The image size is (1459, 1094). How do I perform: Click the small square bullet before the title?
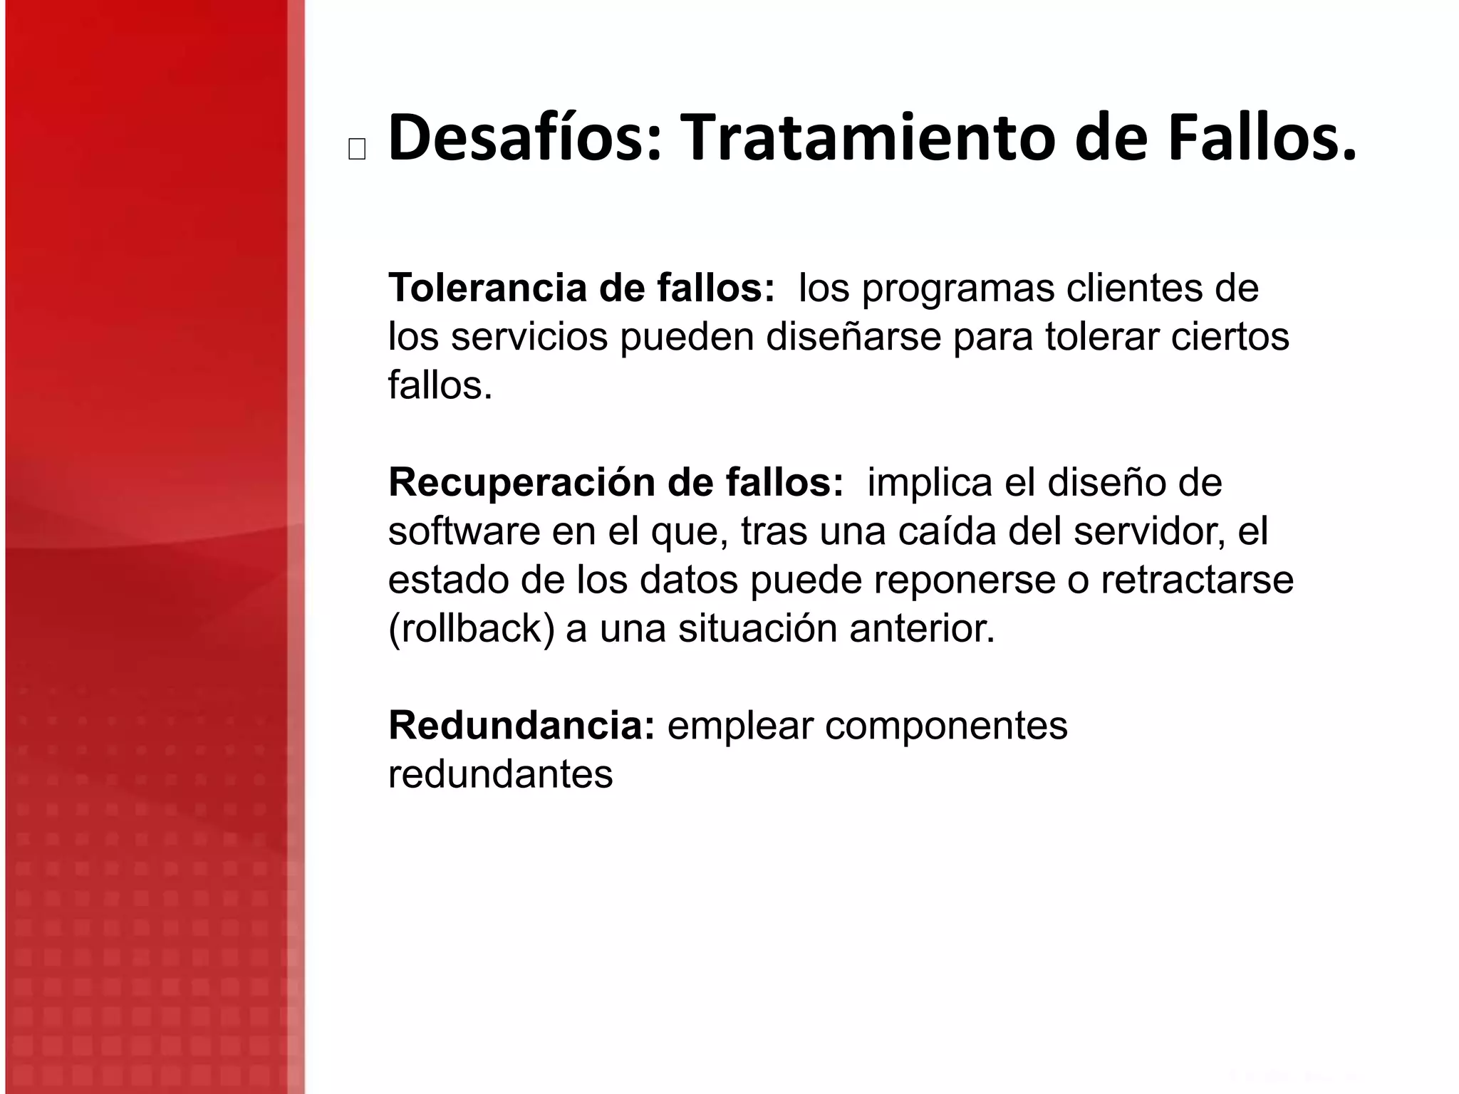pos(357,150)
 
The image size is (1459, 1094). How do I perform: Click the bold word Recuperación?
pos(521,483)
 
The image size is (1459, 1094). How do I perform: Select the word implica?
pos(930,483)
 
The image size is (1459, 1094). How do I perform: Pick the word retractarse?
pos(1197,580)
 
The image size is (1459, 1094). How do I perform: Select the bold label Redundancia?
pos(521,726)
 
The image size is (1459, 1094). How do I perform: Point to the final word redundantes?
pos(500,774)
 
